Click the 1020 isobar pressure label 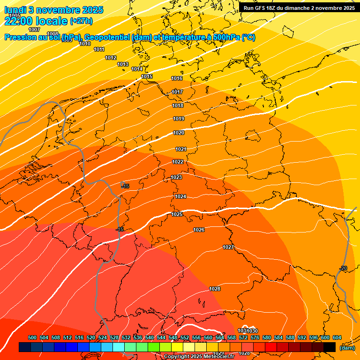[179, 133]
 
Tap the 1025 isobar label [177, 214]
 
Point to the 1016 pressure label [177, 79]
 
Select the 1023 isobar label [176, 178]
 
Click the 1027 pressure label [228, 247]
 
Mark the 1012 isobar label [111, 58]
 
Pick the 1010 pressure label [85, 44]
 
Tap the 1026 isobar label [199, 230]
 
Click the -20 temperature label [343, 268]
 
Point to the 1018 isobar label [178, 106]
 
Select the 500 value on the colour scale [32, 338]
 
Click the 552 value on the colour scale [185, 338]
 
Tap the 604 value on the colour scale [337, 338]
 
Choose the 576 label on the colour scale [255, 338]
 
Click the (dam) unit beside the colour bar [347, 348]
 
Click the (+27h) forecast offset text [81, 21]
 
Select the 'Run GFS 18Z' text [262, 8]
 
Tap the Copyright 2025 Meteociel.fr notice [199, 357]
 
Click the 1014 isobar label [137, 69]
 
